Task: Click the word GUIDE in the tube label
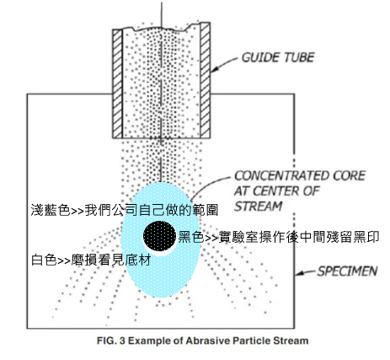[261, 57]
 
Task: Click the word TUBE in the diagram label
[299, 57]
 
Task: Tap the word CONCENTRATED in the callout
[281, 176]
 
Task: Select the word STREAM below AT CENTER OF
[259, 207]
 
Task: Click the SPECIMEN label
[347, 271]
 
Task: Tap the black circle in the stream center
[159, 235]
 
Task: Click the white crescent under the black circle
[161, 251]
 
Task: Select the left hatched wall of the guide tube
[118, 83]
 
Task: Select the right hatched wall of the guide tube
[206, 81]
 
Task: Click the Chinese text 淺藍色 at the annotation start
[51, 210]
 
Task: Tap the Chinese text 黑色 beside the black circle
[191, 237]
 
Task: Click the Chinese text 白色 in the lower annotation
[44, 260]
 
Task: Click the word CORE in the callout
[349, 176]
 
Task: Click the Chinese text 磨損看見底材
[111, 260]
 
